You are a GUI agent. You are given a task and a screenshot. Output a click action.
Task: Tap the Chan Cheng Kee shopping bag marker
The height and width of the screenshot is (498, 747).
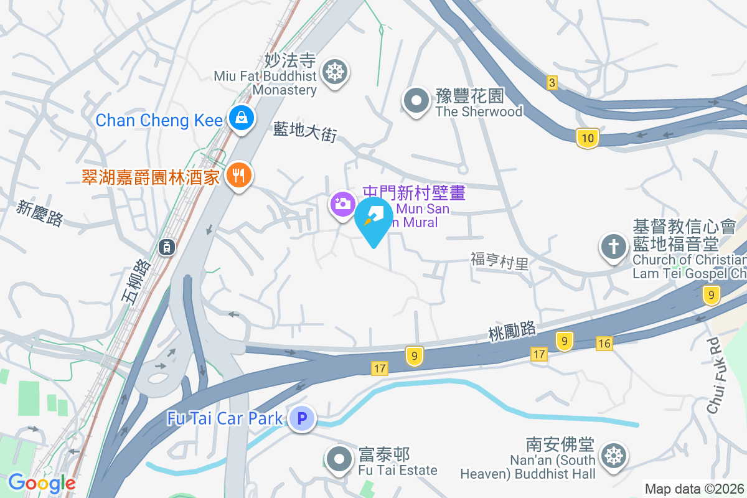239,118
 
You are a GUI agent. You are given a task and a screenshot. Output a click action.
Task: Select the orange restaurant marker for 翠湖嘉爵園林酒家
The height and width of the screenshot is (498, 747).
238,176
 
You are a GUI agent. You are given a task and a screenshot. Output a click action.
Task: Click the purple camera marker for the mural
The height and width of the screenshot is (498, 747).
342,204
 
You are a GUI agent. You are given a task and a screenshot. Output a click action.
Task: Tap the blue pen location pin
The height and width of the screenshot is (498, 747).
374,219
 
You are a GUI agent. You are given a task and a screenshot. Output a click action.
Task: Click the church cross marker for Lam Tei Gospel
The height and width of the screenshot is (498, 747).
613,247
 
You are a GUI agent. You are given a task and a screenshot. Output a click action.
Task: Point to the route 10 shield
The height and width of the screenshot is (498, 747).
588,138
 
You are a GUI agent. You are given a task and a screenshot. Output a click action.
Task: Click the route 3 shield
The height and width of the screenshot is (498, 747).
551,82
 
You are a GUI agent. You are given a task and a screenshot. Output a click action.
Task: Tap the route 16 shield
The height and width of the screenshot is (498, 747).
604,343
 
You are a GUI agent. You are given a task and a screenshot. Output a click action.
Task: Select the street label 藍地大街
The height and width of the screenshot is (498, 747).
305,131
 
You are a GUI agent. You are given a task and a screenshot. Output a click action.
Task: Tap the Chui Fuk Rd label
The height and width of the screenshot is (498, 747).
718,375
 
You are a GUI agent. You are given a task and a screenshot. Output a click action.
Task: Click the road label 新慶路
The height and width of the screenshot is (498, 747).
40,213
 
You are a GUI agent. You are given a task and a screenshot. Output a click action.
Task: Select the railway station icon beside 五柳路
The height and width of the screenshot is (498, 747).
167,247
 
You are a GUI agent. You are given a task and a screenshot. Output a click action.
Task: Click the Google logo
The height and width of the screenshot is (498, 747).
42,482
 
